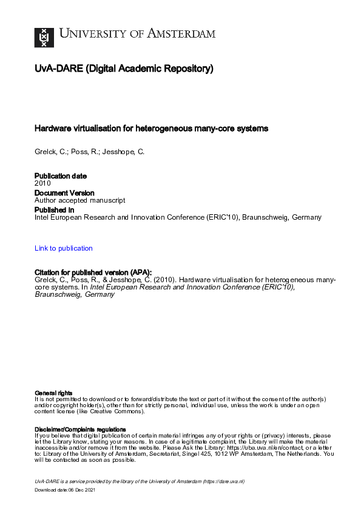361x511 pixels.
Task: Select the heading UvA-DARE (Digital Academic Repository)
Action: [124, 69]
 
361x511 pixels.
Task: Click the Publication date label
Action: [61, 176]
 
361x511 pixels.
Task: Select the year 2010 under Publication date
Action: [42, 183]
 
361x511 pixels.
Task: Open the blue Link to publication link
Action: [64, 248]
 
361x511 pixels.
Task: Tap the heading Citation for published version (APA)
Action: [93, 272]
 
